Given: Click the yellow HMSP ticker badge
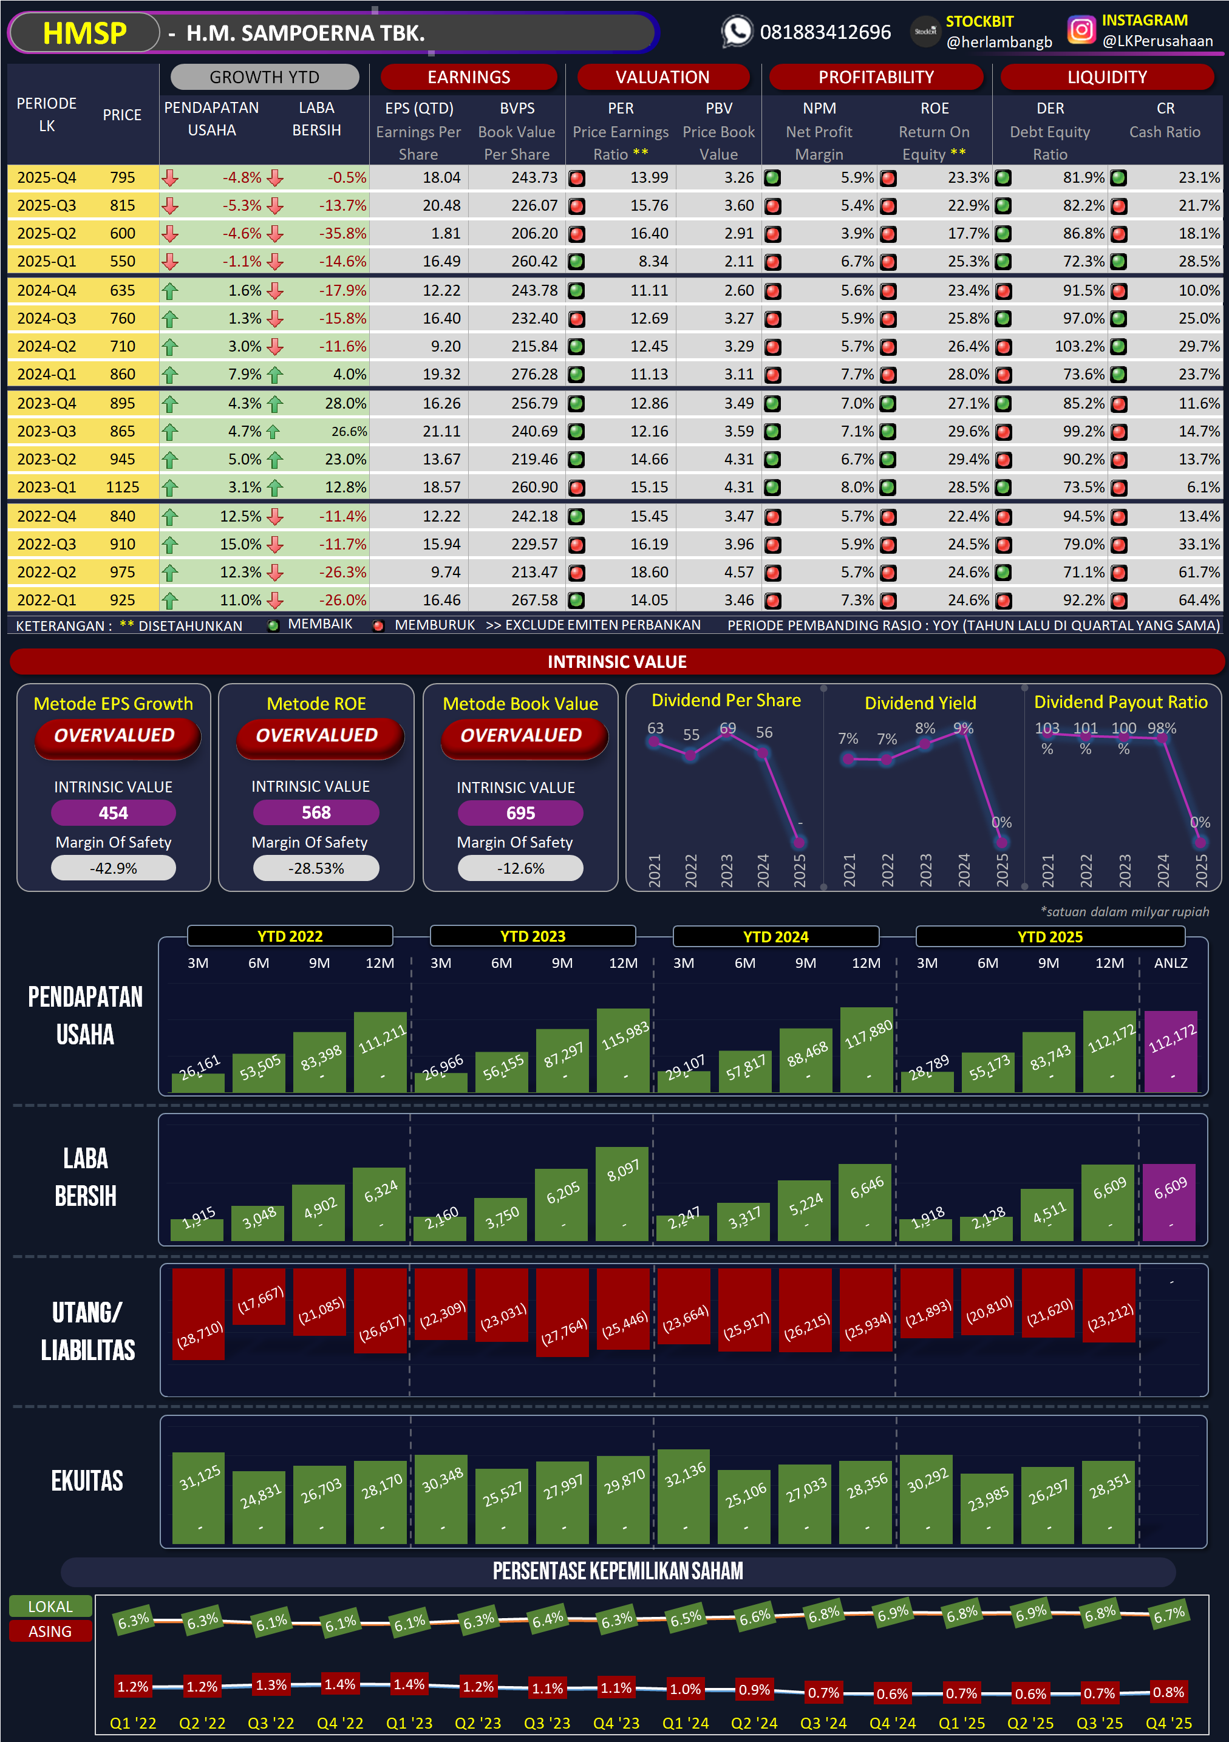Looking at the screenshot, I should pos(84,33).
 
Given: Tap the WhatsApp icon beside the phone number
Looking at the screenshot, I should pos(736,31).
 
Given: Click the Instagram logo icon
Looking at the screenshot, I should pos(1081,30).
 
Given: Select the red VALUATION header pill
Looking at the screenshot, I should pos(662,77).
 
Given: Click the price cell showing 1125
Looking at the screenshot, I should pos(122,487).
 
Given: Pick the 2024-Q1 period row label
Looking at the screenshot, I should pos(46,374).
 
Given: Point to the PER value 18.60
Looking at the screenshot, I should pos(649,572).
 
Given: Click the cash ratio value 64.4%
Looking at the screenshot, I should pos(1199,600).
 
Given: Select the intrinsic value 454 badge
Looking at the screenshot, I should pos(113,812).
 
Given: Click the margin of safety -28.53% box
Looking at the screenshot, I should pos(316,868).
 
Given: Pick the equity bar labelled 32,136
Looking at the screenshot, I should pos(685,1496).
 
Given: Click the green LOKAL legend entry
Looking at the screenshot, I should pos(50,1606).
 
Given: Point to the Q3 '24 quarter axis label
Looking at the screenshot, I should pos(823,1723).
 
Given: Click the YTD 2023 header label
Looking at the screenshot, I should pos(533,936).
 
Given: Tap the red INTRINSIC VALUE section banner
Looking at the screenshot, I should pos(617,662).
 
